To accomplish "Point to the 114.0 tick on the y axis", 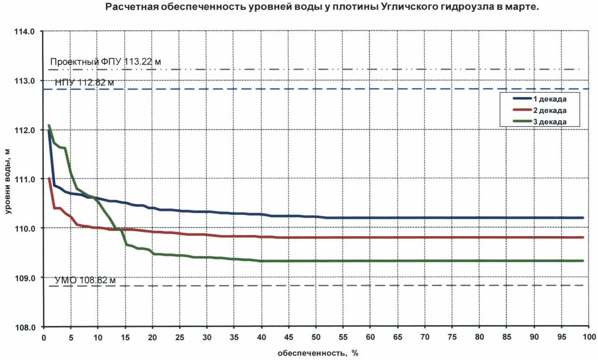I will (25, 32).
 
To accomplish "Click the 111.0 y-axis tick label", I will (25, 180).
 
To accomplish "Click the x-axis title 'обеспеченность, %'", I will (314, 352).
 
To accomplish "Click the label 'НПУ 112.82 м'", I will (84, 83).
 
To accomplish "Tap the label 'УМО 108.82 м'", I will (85, 281).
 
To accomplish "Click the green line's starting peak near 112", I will (49, 126).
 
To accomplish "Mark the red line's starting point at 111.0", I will (49, 179).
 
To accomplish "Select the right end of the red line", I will (583, 237).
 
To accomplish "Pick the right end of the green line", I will (583, 261).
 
